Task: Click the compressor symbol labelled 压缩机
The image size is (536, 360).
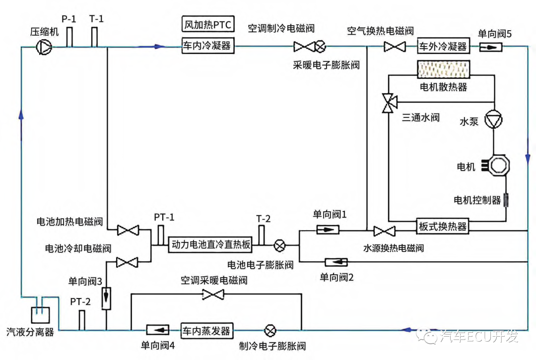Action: tap(44, 47)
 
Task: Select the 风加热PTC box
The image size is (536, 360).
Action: tap(208, 24)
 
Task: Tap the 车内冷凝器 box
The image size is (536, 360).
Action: tap(208, 46)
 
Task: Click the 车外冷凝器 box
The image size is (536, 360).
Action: tap(443, 46)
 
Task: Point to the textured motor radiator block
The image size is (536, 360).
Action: tap(443, 69)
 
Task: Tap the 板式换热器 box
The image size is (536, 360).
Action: tap(442, 226)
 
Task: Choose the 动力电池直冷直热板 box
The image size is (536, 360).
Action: tap(210, 244)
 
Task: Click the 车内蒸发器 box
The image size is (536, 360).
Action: tap(207, 331)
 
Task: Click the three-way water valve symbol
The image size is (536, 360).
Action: tap(390, 102)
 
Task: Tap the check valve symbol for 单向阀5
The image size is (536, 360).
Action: tap(490, 47)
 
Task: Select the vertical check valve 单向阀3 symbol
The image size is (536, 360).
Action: tap(106, 298)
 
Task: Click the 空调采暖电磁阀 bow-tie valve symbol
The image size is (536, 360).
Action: tap(213, 294)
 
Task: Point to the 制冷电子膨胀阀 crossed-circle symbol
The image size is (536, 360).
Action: tap(270, 330)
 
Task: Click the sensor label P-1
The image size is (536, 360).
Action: tap(68, 19)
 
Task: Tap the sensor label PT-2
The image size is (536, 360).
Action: tap(80, 302)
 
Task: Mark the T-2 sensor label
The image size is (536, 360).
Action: tap(263, 219)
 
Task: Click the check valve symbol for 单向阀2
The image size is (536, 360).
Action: tap(336, 262)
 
